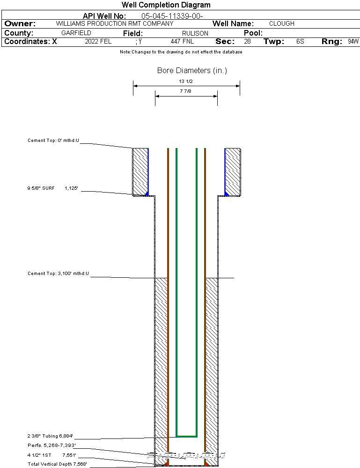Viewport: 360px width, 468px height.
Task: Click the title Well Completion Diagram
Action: coord(166,5)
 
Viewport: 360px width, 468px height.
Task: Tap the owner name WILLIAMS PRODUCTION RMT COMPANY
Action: coord(114,23)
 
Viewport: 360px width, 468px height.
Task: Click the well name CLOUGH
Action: coord(282,23)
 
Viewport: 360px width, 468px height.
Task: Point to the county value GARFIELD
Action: coord(76,33)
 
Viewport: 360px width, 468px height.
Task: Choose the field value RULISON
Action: coord(195,33)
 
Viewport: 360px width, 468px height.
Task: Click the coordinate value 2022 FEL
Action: coord(98,42)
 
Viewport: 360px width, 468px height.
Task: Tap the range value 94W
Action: coord(353,42)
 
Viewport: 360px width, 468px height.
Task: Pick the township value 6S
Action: coord(300,42)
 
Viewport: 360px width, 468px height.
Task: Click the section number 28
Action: coord(247,42)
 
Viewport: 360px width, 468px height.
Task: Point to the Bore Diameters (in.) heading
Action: coord(192,71)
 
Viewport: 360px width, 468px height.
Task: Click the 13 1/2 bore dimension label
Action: coord(186,82)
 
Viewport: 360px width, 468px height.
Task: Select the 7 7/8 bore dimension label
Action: coord(186,91)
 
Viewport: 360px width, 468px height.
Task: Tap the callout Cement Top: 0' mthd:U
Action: coord(53,140)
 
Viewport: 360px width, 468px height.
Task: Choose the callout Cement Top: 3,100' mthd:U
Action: coord(58,273)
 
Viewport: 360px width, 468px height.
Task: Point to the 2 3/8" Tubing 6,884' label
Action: coord(50,436)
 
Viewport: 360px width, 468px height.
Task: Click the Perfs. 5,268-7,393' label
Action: coord(51,446)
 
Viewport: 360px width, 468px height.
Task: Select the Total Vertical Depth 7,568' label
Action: coord(57,464)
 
